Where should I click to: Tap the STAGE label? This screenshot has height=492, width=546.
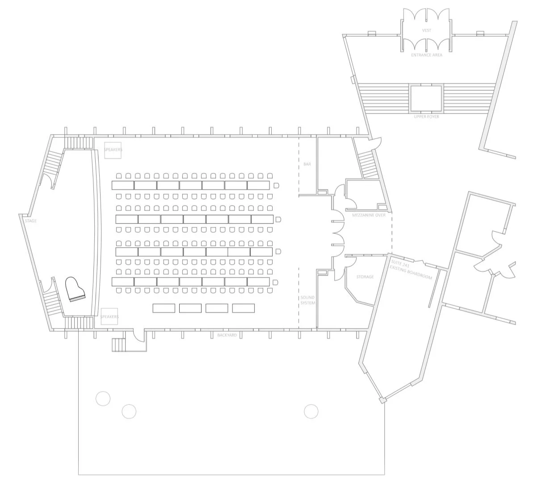pos(31,221)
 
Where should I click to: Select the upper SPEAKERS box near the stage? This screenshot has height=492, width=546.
pos(113,150)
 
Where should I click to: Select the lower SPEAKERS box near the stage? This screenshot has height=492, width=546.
pos(109,316)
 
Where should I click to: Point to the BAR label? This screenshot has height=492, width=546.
pos(307,164)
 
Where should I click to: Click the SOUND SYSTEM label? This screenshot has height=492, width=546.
pos(307,300)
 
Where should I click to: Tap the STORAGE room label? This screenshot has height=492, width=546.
pos(365,277)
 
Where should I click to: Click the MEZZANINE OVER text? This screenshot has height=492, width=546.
pos(369,215)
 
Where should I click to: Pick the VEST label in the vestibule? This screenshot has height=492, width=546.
pos(427,30)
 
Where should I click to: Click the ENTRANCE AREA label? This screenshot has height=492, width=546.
pos(427,55)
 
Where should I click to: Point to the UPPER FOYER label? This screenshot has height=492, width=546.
pos(426,117)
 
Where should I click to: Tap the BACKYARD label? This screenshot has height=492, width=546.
pos(227,335)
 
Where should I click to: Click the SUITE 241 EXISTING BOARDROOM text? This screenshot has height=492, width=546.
pos(411,269)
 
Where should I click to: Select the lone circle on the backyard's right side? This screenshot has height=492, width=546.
pos(311,411)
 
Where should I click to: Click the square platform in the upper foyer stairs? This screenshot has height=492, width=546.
pos(426,98)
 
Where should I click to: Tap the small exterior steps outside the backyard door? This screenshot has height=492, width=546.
pos(119,345)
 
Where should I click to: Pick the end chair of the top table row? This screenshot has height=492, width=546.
pos(277,185)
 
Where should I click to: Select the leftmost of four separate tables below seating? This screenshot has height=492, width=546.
pos(164,308)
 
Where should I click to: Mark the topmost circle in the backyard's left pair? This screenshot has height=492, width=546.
pos(103,398)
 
